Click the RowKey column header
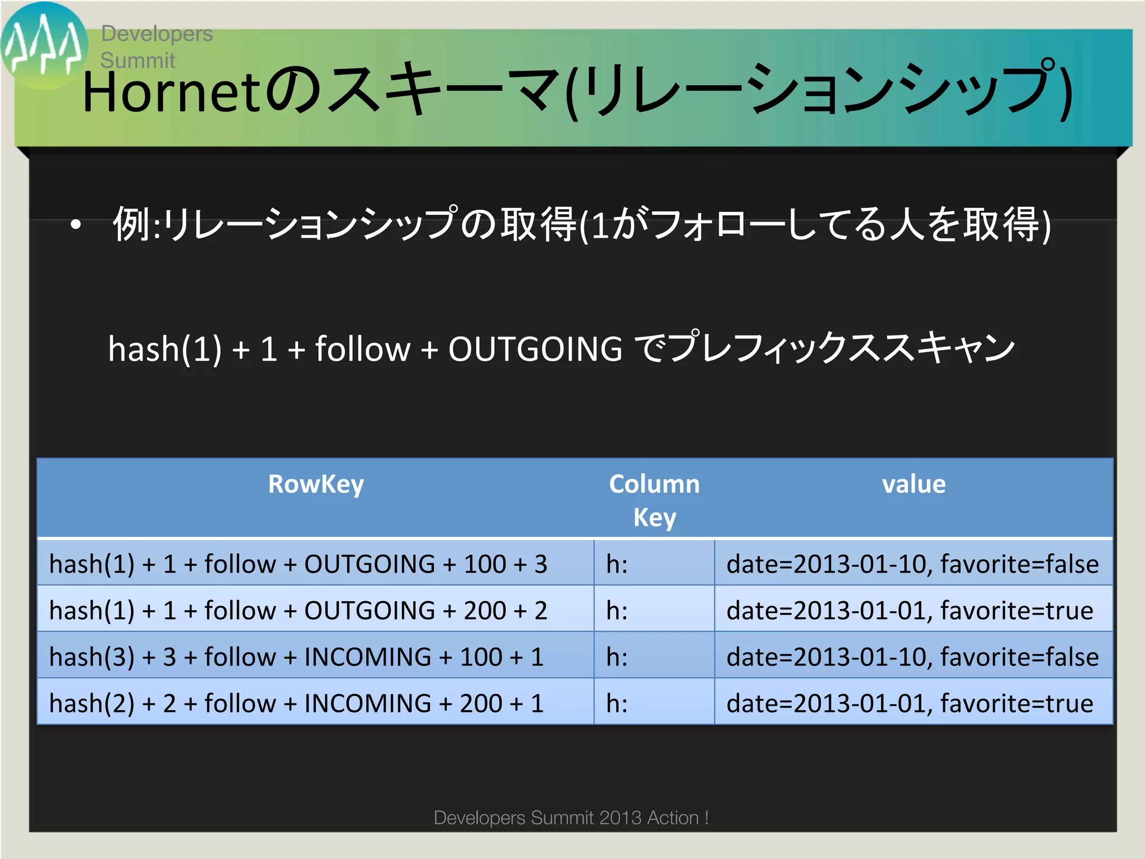tap(316, 484)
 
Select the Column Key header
tap(654, 500)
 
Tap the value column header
tap(914, 484)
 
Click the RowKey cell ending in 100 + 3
tap(298, 564)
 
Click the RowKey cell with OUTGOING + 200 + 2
tap(298, 610)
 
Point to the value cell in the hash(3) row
tap(912, 657)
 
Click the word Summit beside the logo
tap(138, 60)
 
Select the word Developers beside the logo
tap(157, 34)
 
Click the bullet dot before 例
tap(75, 225)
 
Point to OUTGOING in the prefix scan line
tap(535, 349)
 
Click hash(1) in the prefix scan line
tap(165, 349)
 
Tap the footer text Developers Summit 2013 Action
tap(571, 818)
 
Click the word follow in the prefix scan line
tap(363, 349)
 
